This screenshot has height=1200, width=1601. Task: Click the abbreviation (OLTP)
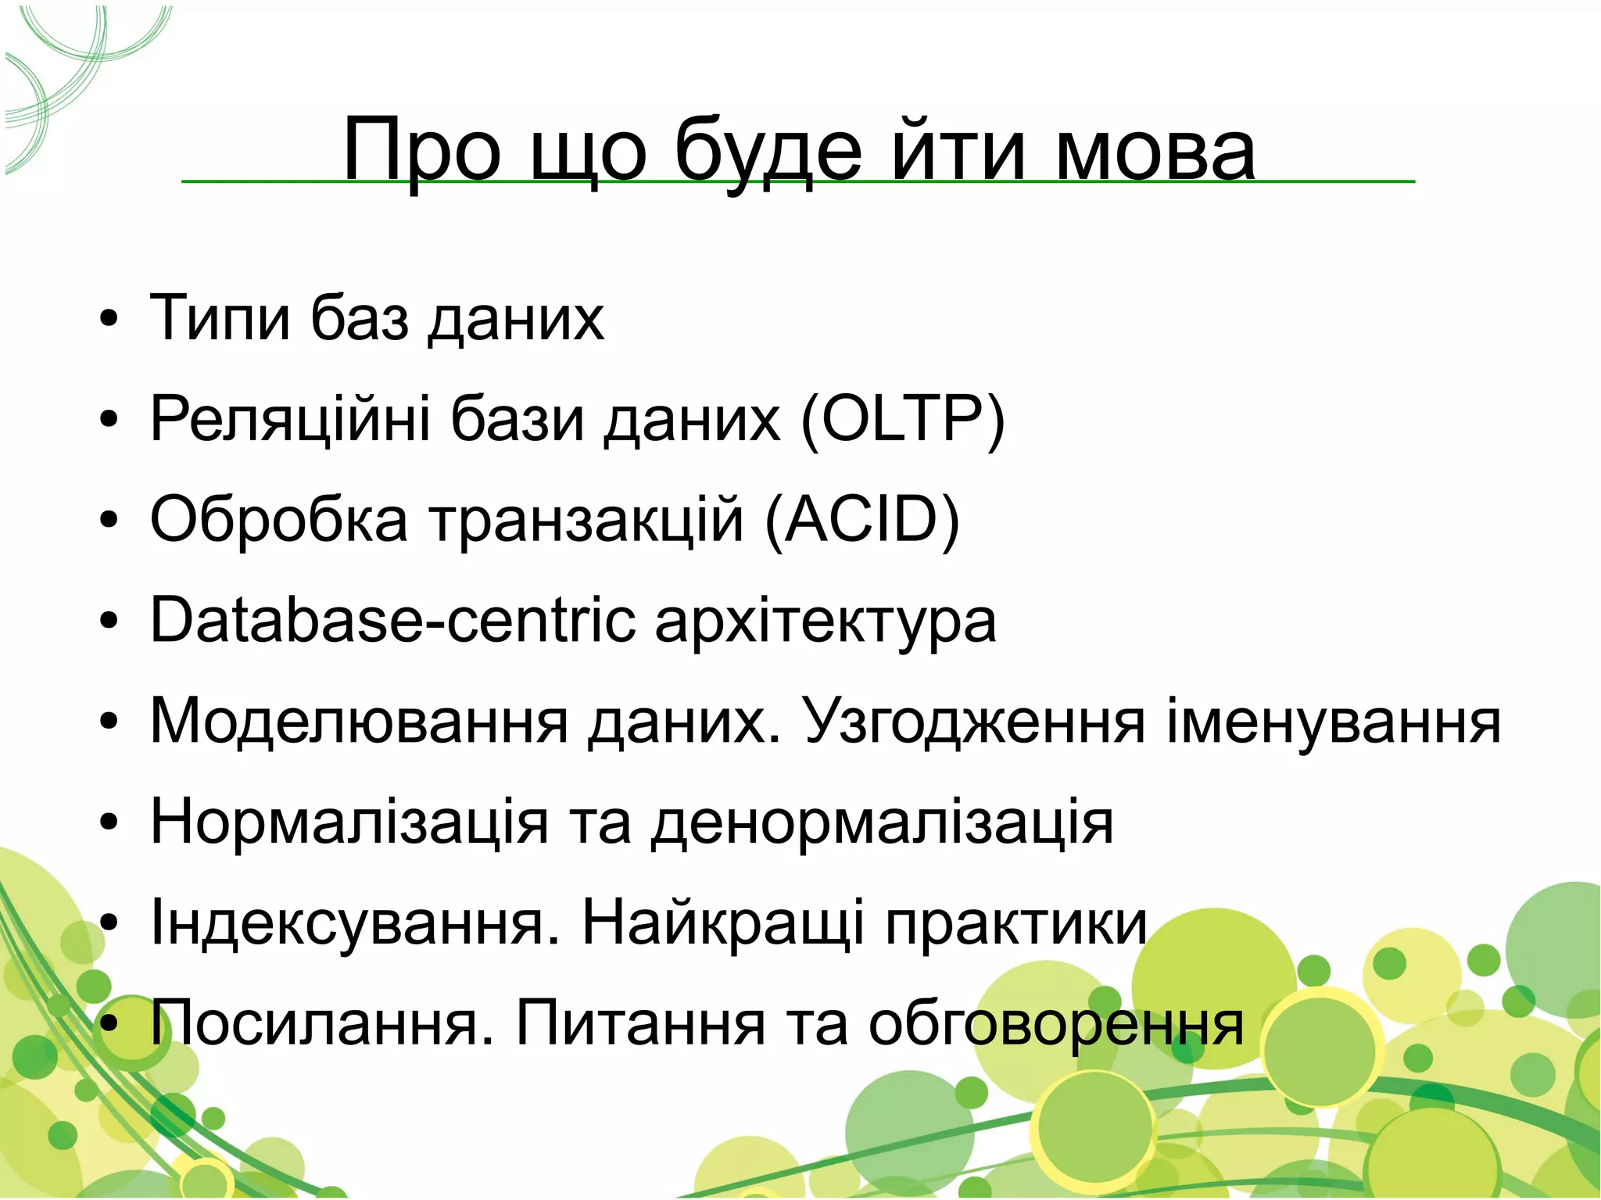coord(902,419)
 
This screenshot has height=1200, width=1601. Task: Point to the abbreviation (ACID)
coord(861,520)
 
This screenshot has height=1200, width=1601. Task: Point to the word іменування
coord(1334,721)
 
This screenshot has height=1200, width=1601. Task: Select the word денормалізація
coord(882,822)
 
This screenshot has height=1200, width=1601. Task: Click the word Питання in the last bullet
coord(640,1024)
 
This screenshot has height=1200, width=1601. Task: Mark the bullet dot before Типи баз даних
coord(109,319)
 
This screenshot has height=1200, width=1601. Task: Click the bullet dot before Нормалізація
coord(109,822)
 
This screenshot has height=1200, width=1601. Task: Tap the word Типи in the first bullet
coord(220,318)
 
